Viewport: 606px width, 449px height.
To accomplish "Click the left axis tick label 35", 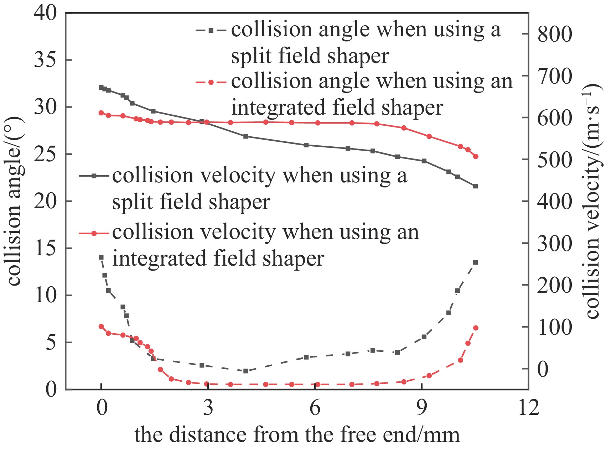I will [x=45, y=60].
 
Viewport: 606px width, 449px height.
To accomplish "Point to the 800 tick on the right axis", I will [x=554, y=35].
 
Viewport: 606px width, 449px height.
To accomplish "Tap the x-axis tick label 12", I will [x=528, y=407].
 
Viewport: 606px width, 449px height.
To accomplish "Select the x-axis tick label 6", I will [x=315, y=407].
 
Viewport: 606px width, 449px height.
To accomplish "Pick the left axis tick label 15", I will [x=45, y=248].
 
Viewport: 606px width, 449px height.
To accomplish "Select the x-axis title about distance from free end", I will [x=297, y=435].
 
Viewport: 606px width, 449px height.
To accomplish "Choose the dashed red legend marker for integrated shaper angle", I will [x=211, y=83].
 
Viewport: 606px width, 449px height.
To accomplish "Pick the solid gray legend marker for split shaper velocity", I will [x=94, y=176].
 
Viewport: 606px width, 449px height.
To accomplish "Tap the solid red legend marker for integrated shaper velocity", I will [x=94, y=233].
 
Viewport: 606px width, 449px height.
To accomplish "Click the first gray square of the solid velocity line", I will [x=101, y=87].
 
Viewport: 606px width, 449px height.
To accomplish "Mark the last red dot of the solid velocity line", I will [x=476, y=156].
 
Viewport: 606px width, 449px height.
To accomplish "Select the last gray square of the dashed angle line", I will [x=475, y=262].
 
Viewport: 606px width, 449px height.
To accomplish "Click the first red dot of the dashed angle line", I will [x=101, y=327].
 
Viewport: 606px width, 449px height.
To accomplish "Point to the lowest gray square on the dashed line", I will [x=245, y=371].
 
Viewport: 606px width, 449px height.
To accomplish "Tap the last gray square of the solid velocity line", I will [x=475, y=186].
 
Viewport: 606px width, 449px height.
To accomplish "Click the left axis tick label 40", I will [x=45, y=13].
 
